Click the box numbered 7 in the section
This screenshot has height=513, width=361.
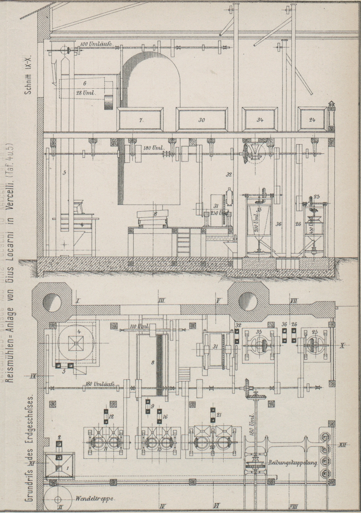(141, 120)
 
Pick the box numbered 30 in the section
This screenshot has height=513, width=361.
(202, 120)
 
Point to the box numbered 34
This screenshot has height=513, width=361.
(260, 120)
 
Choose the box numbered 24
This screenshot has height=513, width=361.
(313, 120)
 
